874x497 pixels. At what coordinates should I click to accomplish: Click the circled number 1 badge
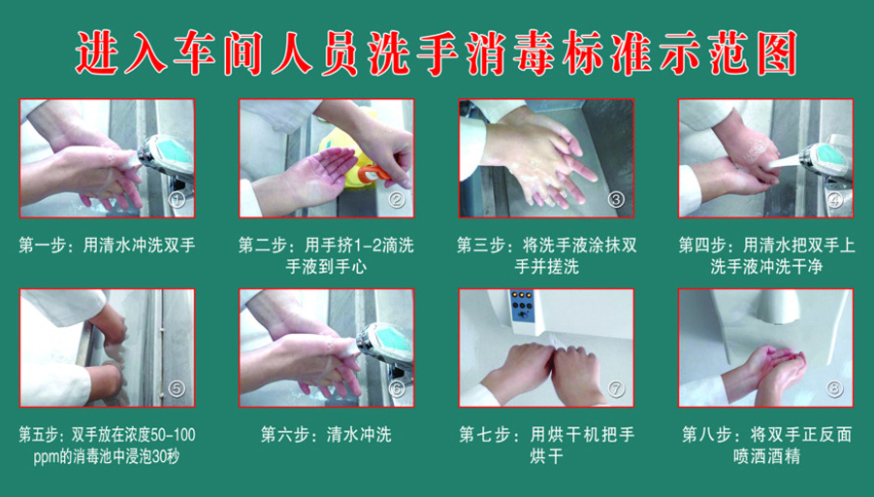[178, 200]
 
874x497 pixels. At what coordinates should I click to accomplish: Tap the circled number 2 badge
[397, 200]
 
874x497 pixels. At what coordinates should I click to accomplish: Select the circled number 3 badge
[615, 200]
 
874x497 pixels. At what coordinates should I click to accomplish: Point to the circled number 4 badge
[834, 200]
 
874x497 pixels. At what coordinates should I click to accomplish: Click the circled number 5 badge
[177, 389]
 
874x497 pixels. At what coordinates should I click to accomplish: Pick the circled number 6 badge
[397, 389]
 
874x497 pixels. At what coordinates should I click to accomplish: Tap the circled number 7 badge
[615, 389]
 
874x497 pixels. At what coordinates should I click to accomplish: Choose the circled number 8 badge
[834, 389]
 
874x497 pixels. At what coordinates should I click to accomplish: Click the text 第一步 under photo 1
[43, 246]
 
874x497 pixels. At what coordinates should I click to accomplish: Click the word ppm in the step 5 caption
[45, 458]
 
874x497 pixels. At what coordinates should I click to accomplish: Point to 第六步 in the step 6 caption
[285, 435]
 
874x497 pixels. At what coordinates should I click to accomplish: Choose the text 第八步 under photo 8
[706, 435]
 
